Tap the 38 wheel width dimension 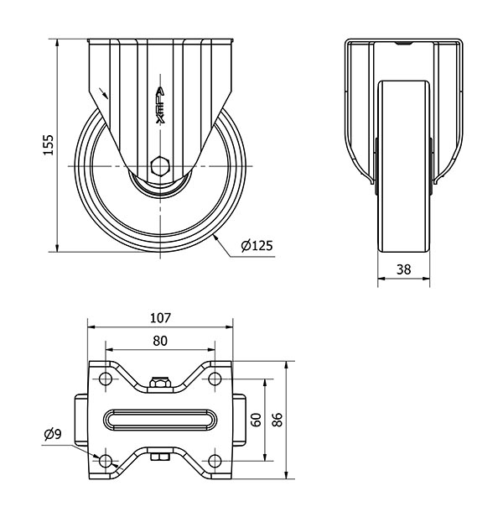pos(403,269)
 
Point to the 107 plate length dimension pos(160,318)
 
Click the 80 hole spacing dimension pos(160,341)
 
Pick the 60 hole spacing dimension pos(257,420)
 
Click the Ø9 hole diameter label pos(52,434)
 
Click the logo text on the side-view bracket pos(161,105)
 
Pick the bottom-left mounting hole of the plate pos(106,461)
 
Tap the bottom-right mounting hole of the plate pos(215,461)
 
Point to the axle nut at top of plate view pos(160,384)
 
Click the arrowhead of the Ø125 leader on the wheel pos(216,238)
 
